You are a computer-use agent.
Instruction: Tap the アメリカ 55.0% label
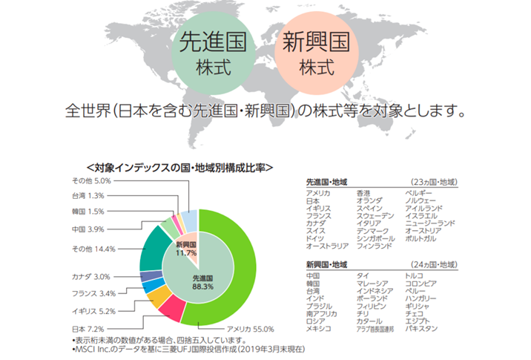click(251, 328)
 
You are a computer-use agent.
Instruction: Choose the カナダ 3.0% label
click(90, 276)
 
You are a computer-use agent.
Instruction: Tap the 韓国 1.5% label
click(88, 212)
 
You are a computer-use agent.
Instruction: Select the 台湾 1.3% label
click(88, 195)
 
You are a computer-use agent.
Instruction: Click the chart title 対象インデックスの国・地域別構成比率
click(179, 168)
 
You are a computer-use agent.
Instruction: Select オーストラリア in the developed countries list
click(328, 246)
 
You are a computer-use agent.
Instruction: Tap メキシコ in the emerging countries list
click(317, 328)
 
